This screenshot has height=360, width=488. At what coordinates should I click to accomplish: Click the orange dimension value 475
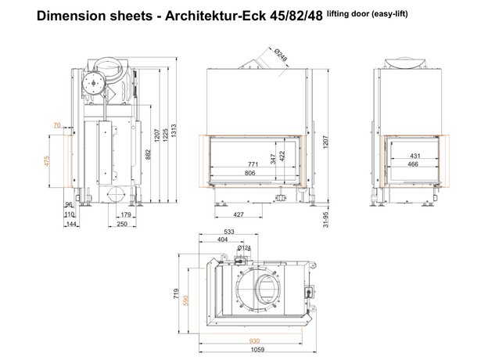click(47, 161)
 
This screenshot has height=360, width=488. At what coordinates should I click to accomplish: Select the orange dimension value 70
click(57, 125)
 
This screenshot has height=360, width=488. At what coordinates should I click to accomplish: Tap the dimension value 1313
click(174, 131)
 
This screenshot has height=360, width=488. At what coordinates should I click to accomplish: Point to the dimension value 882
click(148, 155)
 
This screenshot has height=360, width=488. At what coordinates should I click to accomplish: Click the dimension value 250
click(122, 224)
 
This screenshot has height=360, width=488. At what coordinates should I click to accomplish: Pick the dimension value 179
click(126, 214)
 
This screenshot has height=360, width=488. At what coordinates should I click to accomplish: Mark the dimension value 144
click(71, 224)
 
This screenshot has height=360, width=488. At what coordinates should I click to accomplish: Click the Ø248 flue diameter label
click(281, 55)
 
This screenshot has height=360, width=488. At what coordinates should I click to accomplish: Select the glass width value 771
click(253, 164)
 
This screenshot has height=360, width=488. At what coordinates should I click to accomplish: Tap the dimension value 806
click(250, 173)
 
